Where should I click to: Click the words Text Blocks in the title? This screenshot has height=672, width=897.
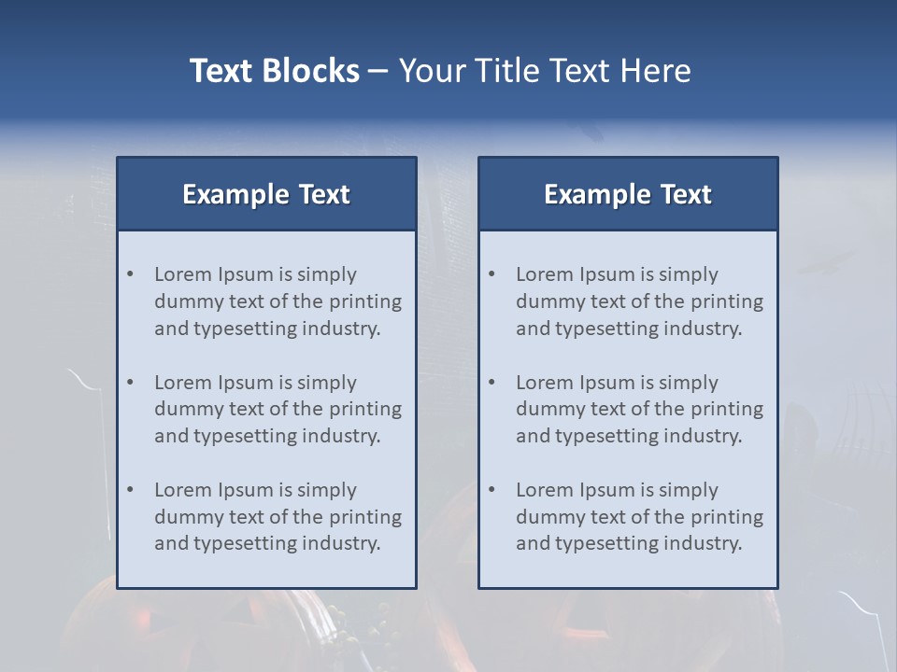pyautogui.click(x=275, y=71)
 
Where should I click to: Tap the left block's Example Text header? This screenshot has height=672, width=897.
pyautogui.click(x=266, y=194)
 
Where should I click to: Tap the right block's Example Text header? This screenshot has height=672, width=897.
pyautogui.click(x=628, y=194)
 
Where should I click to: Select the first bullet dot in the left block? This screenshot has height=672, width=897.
pyautogui.click(x=130, y=274)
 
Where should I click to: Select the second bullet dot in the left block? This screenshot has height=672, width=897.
pyautogui.click(x=130, y=383)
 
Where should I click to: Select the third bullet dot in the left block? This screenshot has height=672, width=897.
pyautogui.click(x=130, y=490)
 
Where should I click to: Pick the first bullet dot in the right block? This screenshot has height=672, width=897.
pyautogui.click(x=491, y=274)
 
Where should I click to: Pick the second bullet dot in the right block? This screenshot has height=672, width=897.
pyautogui.click(x=491, y=383)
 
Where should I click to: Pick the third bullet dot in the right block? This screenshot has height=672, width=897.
pyautogui.click(x=491, y=490)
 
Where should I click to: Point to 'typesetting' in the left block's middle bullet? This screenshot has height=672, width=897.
pyautogui.click(x=243, y=436)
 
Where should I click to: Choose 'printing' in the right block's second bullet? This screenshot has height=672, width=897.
pyautogui.click(x=727, y=409)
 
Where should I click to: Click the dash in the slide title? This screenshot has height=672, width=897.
pyautogui.click(x=378, y=71)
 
